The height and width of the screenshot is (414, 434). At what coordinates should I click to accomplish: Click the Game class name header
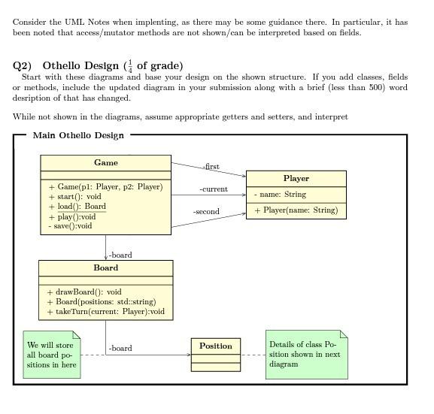[x=106, y=162]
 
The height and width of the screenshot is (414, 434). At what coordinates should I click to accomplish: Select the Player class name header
[x=296, y=179]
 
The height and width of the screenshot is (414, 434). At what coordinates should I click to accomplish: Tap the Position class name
[x=216, y=346]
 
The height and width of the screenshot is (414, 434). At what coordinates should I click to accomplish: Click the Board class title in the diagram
[x=105, y=267]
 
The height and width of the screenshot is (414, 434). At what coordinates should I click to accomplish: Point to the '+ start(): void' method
[x=74, y=197]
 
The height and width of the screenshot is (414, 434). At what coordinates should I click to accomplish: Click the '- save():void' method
[x=70, y=225]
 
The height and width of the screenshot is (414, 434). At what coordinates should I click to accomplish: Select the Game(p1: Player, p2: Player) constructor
[x=105, y=187]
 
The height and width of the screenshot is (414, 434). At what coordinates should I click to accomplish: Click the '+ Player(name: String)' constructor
[x=296, y=210]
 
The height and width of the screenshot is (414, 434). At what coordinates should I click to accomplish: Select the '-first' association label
[x=211, y=167]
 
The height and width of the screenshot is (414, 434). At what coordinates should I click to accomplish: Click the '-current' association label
[x=213, y=189]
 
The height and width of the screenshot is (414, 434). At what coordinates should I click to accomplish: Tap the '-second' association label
[x=205, y=212]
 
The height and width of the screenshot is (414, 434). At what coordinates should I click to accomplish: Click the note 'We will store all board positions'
[x=52, y=355]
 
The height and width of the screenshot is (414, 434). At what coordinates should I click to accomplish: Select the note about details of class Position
[x=305, y=354]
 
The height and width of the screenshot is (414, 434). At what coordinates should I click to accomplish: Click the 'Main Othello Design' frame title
[x=78, y=135]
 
